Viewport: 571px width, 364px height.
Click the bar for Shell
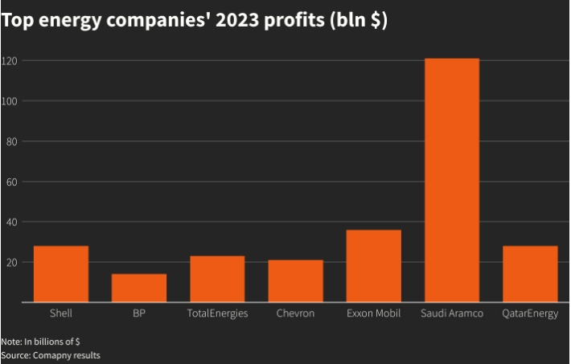tap(61, 274)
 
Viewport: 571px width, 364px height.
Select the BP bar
tap(139, 288)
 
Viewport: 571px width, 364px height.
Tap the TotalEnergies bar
tap(217, 279)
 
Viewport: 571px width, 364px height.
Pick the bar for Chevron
tap(295, 281)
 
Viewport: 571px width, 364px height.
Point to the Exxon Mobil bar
tap(373, 266)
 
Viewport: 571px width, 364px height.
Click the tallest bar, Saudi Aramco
tap(451, 181)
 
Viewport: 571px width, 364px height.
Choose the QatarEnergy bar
tap(530, 274)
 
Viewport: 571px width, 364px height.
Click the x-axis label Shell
tap(61, 313)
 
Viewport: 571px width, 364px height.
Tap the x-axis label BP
tap(139, 313)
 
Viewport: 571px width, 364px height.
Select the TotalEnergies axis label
tap(217, 313)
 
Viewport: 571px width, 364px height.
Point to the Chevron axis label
tap(295, 313)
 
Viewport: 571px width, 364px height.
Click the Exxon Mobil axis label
tap(373, 313)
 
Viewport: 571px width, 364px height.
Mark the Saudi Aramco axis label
tap(451, 313)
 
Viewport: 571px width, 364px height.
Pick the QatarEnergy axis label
tap(530, 313)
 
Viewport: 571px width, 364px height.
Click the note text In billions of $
tap(50, 341)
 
